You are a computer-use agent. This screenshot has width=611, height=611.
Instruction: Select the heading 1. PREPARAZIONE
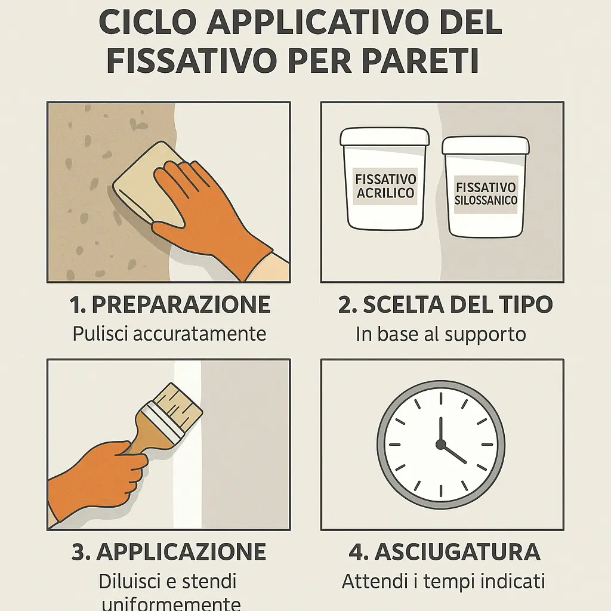(x=170, y=305)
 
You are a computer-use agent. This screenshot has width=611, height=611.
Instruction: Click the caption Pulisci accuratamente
(x=169, y=334)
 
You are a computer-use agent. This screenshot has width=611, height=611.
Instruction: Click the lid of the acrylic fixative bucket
(x=384, y=138)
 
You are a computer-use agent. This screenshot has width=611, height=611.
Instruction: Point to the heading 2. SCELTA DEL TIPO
(x=445, y=305)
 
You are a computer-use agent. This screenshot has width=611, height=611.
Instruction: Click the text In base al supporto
(x=441, y=334)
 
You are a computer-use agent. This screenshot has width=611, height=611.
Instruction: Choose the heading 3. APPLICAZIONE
(x=169, y=552)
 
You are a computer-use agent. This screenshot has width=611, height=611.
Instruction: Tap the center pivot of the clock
(x=440, y=445)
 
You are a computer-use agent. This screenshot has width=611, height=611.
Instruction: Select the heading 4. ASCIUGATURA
(x=445, y=552)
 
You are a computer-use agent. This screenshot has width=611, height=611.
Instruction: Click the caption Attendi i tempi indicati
(x=444, y=581)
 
